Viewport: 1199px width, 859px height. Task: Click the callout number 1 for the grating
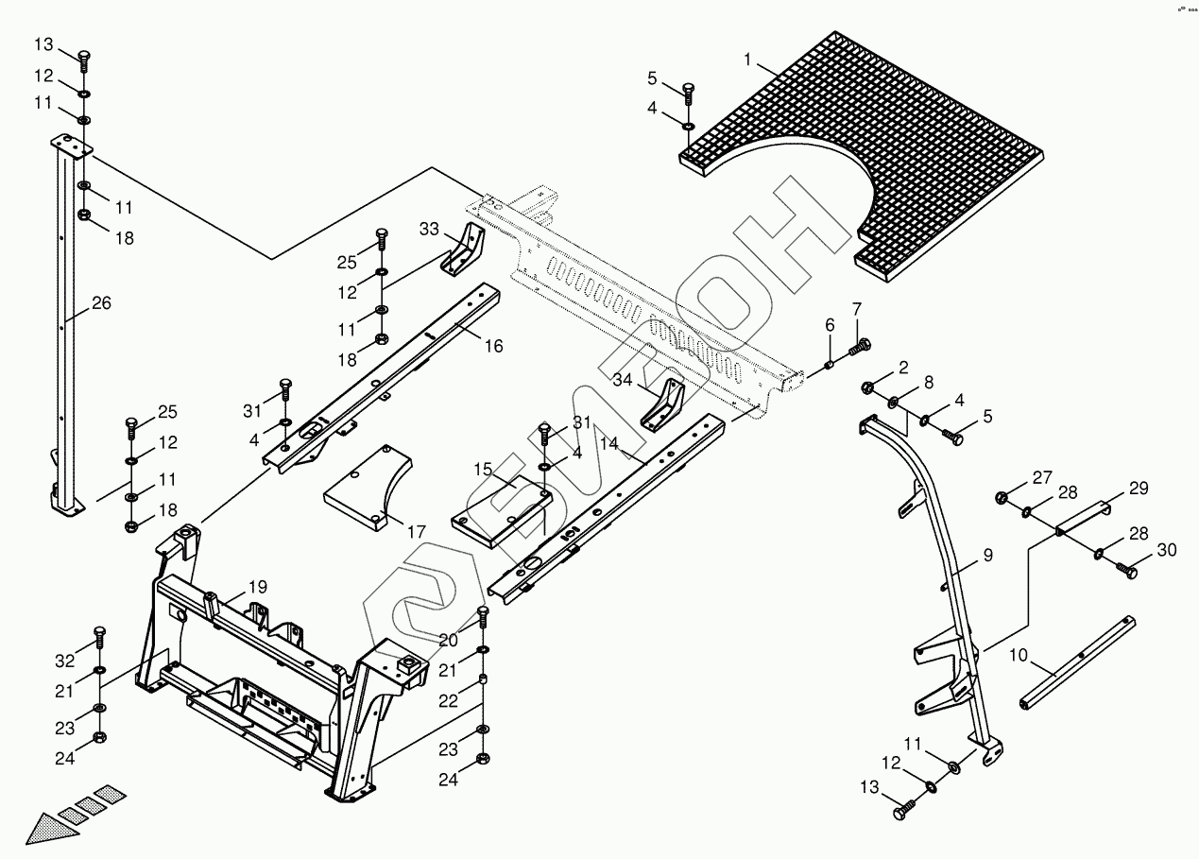point(747,60)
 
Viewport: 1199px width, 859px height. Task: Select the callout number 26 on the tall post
point(101,303)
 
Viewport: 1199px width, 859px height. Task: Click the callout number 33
point(430,229)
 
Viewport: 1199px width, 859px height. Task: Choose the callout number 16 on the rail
point(493,346)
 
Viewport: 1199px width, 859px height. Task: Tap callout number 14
point(608,443)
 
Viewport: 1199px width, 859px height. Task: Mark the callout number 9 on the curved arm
point(987,556)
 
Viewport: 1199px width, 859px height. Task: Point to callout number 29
point(1139,489)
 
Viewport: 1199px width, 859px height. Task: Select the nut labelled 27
point(1002,498)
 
